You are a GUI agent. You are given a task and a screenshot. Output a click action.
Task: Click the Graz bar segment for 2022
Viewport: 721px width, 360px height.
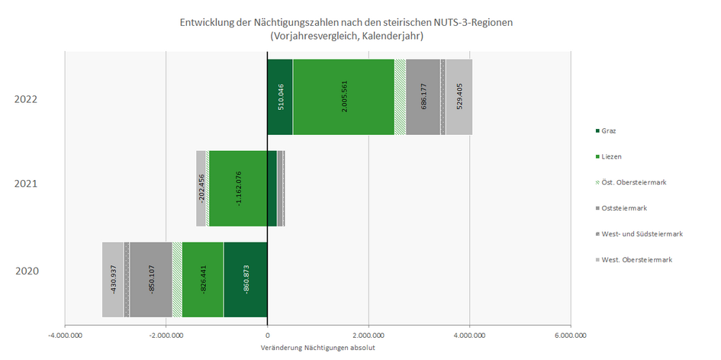coord(280,97)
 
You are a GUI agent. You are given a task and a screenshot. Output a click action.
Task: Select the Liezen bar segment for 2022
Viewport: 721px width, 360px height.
coord(343,97)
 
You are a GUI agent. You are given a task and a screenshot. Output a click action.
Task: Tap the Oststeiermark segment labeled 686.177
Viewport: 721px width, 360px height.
coord(423,97)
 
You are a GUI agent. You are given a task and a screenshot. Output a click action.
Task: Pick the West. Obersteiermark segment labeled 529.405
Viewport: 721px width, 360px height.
coord(459,97)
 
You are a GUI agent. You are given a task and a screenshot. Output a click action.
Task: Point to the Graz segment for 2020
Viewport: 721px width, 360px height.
coord(246,279)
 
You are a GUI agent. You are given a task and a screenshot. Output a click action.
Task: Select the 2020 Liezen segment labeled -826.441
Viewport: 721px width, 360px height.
coord(203,279)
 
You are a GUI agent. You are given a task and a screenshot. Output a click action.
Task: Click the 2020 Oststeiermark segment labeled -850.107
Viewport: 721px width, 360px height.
coord(152,279)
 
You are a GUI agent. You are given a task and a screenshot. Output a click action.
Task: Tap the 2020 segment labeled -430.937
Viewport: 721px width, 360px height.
coord(113,279)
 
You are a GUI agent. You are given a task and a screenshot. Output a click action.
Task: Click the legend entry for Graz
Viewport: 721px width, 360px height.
coord(609,131)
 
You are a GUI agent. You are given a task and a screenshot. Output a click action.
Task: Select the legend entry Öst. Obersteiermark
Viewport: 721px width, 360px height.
coord(632,182)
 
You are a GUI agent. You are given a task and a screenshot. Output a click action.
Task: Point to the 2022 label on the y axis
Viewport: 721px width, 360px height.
coord(26,99)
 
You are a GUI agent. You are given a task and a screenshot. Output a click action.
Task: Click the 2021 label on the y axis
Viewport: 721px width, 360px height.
coord(26,184)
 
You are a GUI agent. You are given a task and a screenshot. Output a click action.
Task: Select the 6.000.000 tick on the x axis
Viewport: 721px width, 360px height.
coord(570,334)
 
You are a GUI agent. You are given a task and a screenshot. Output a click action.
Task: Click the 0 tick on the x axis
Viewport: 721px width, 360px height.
coord(267,334)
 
